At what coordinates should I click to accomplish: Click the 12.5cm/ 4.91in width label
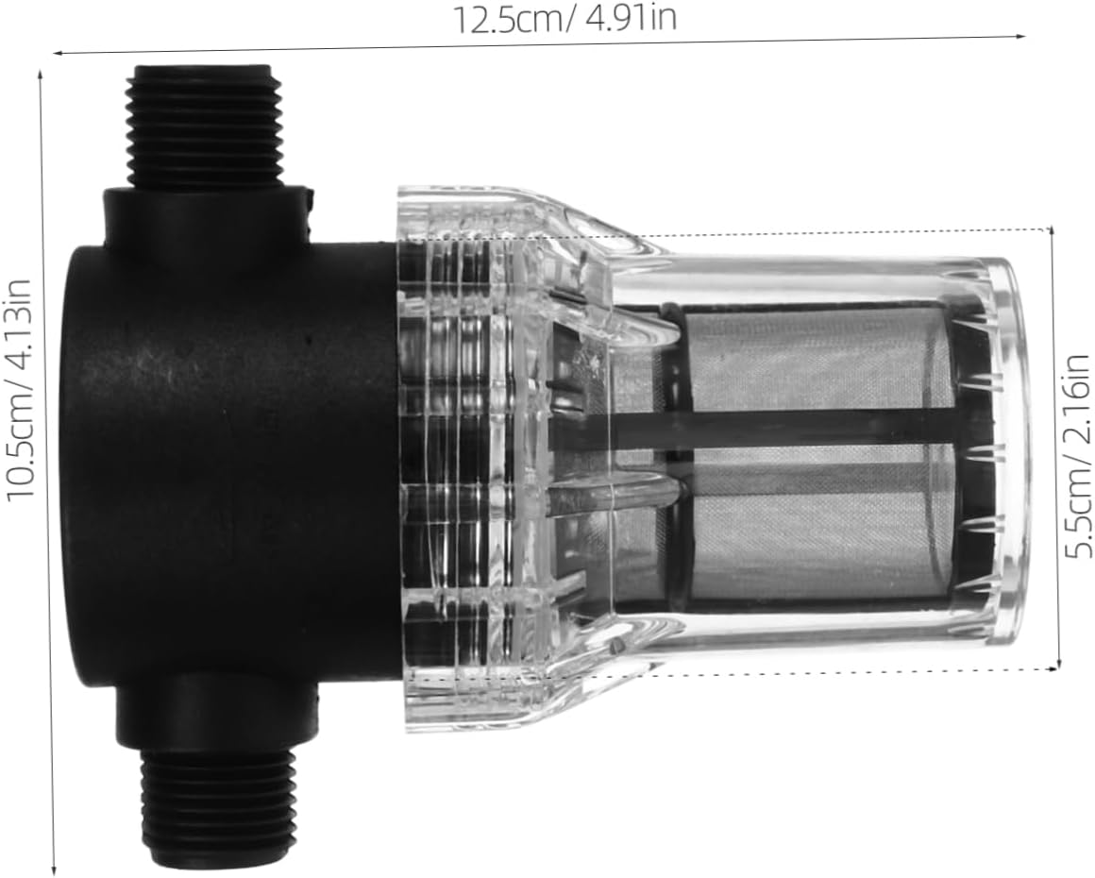[x=566, y=18]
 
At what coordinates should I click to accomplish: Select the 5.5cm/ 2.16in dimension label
[x=1077, y=456]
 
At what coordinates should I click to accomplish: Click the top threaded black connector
[x=204, y=127]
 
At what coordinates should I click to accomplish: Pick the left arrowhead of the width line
[x=56, y=54]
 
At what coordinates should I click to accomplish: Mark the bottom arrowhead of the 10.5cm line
[x=54, y=870]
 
